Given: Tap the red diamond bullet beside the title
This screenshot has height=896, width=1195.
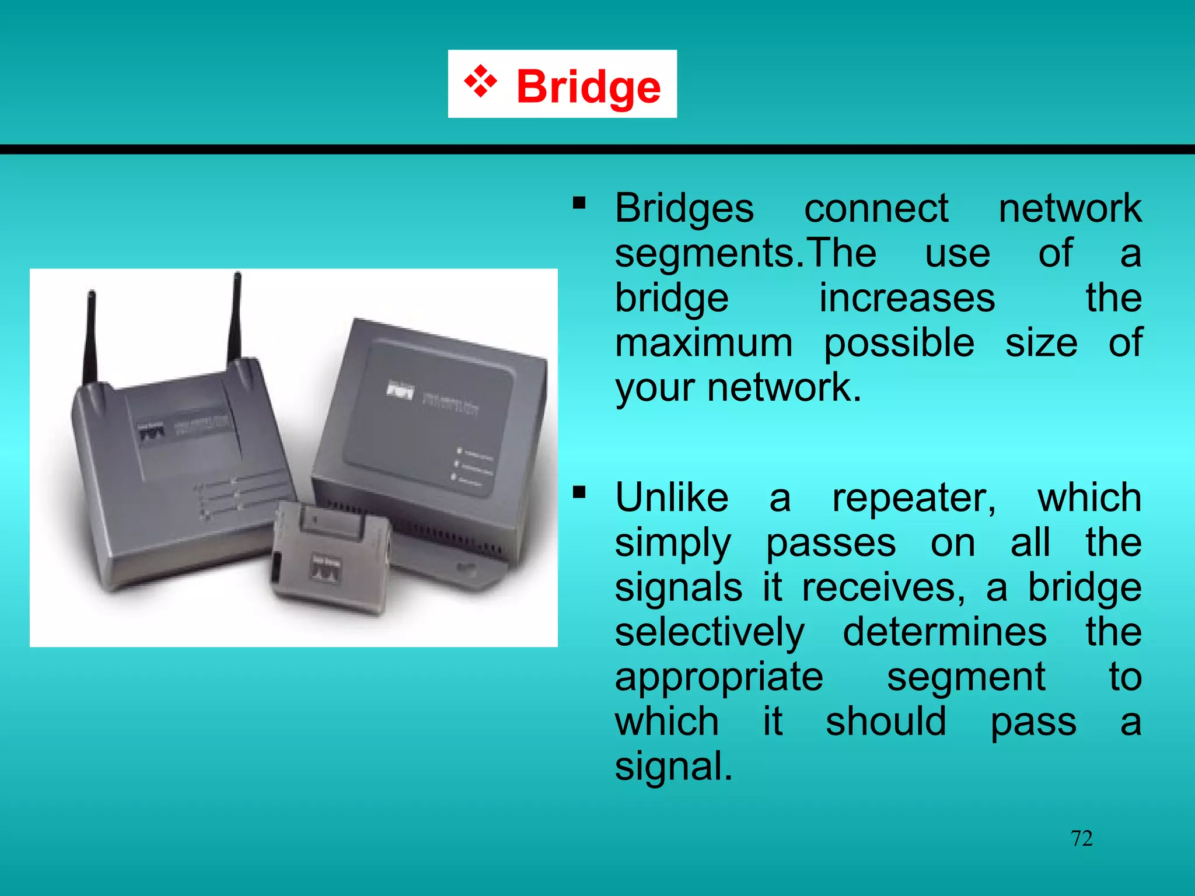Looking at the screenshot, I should [x=480, y=82].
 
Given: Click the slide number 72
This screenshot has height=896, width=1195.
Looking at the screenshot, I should [x=1081, y=838].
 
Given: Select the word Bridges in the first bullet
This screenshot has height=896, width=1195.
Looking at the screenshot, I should [x=684, y=209].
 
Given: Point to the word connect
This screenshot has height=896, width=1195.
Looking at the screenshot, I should [x=876, y=209].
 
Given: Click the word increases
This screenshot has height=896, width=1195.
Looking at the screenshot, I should [x=907, y=299].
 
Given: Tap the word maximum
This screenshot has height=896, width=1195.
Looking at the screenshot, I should [x=704, y=343].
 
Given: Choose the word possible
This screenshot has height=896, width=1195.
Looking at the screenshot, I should [x=899, y=344].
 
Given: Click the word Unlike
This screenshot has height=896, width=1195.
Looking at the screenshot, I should [x=672, y=498].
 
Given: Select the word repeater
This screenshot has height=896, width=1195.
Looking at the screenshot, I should [x=914, y=499].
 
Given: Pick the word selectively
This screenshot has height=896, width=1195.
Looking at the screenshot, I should [x=710, y=633].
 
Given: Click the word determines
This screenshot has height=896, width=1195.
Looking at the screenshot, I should [x=945, y=632].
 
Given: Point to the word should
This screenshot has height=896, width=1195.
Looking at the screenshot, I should [x=886, y=722].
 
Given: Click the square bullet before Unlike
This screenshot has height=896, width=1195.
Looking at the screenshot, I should [x=579, y=493].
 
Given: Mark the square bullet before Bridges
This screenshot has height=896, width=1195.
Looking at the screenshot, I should [x=579, y=203].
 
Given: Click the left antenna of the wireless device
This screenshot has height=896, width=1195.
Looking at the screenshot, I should [x=91, y=338].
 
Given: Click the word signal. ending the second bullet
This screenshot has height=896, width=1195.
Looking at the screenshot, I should [x=673, y=766].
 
